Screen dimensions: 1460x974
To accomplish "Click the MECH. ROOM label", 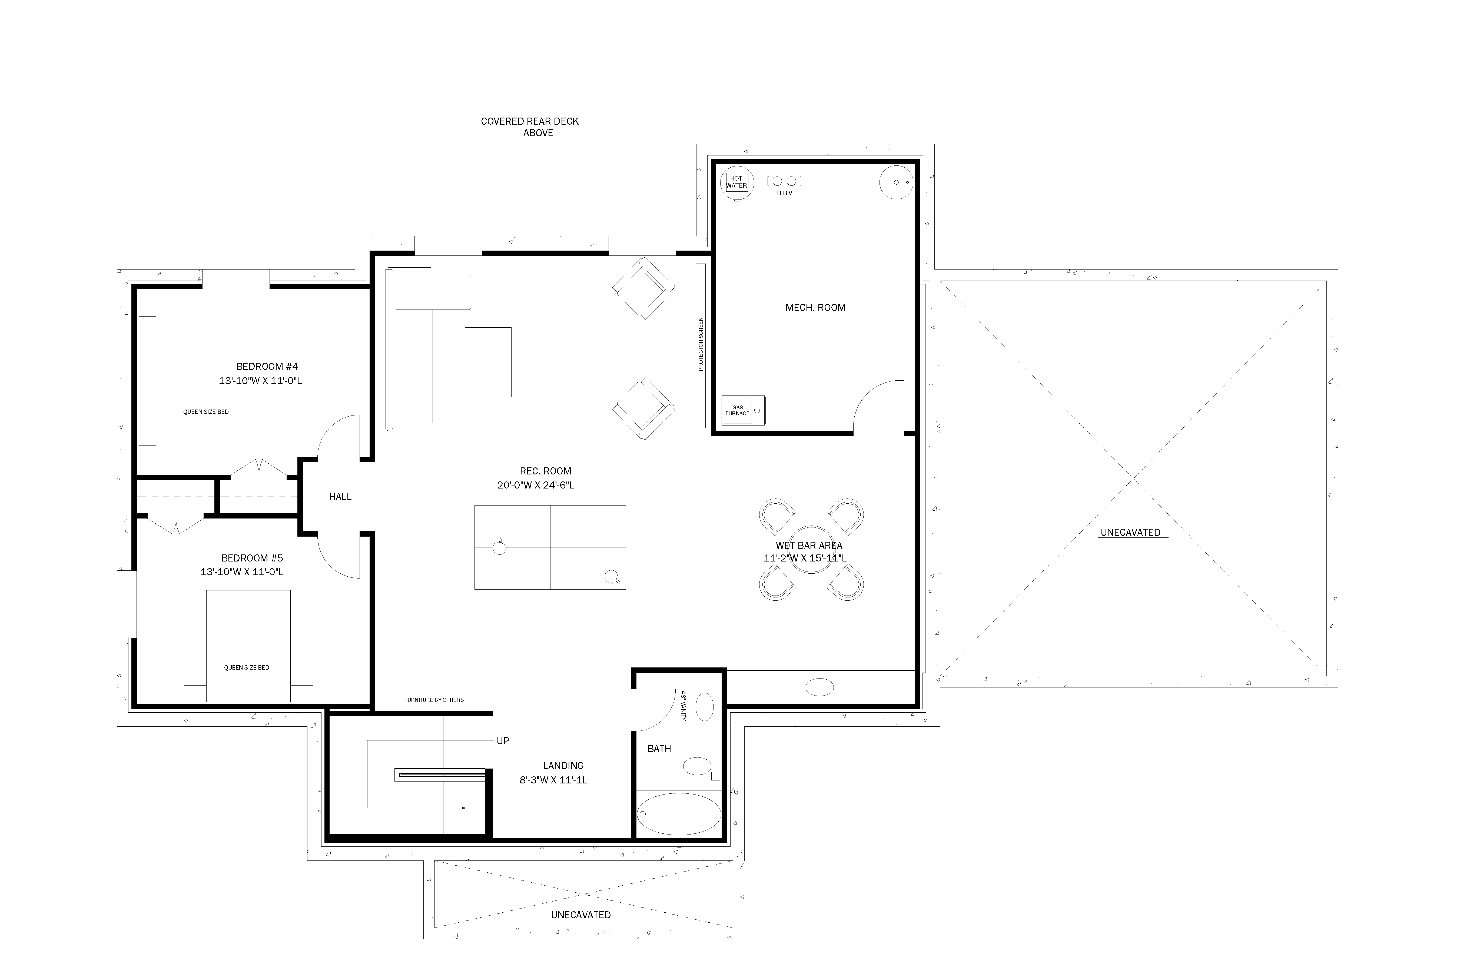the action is coord(815,307).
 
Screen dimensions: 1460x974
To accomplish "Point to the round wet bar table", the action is coord(811,550).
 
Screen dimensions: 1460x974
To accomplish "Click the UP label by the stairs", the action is coord(503,741).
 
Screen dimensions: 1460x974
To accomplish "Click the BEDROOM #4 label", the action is coord(267,367).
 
